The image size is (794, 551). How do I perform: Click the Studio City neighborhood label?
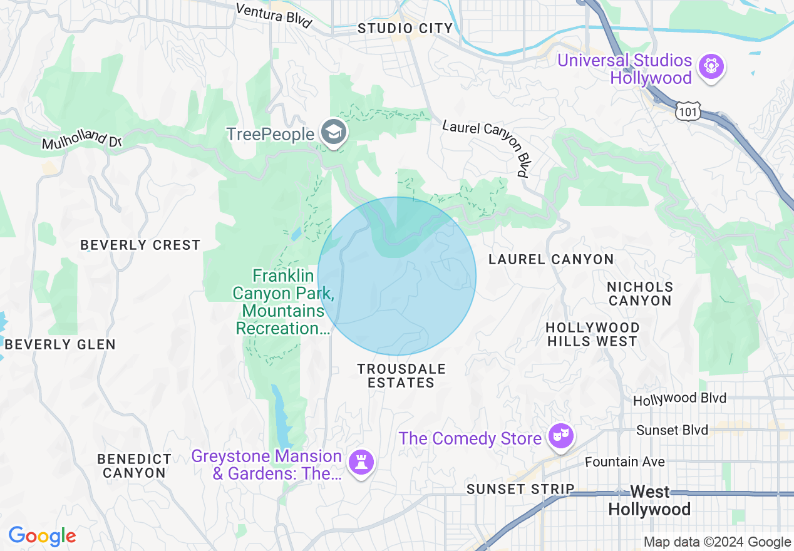[405, 28]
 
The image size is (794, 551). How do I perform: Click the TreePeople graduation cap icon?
[333, 132]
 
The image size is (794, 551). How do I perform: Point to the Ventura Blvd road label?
[274, 14]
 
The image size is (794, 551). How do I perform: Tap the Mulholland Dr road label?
[81, 138]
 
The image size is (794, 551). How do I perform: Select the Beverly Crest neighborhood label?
[140, 245]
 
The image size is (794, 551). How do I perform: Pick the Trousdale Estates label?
[401, 376]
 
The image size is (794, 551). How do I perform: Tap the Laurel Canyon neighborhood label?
[551, 259]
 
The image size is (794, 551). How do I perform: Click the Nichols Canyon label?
[640, 294]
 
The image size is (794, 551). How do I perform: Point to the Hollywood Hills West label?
[592, 334]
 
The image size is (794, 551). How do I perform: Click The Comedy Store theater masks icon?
[560, 436]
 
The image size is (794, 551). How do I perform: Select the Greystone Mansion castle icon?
[361, 463]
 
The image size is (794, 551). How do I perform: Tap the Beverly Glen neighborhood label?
[60, 344]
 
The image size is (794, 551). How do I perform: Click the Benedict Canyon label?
[134, 466]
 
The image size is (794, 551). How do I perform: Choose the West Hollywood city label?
[649, 500]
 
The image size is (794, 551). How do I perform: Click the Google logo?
[42, 537]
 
